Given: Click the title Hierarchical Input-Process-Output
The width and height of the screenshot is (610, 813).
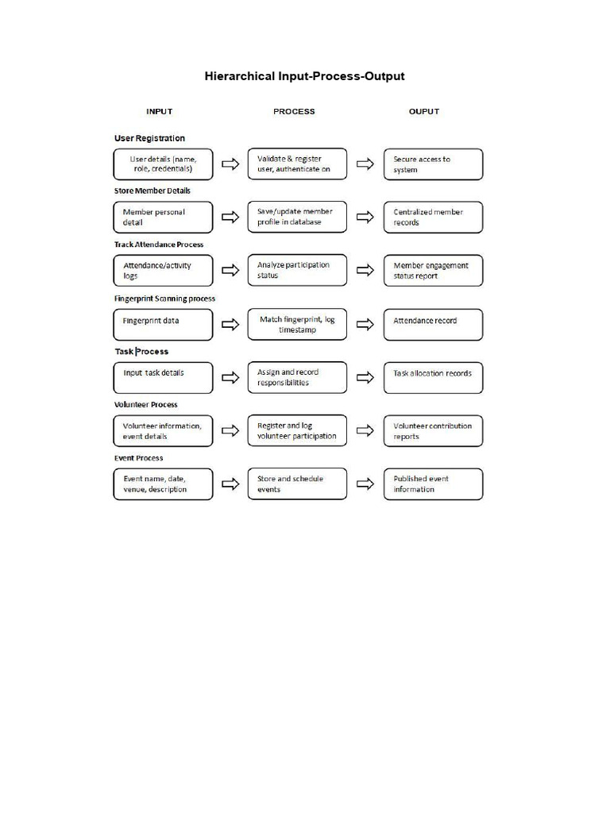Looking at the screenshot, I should click(x=304, y=76).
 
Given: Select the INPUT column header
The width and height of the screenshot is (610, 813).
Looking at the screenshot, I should click(x=159, y=111).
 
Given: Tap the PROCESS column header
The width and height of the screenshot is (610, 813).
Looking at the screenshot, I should click(x=294, y=111).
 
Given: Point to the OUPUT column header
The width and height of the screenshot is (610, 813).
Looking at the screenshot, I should click(x=423, y=111).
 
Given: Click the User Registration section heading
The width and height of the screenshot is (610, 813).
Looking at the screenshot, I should click(x=149, y=138).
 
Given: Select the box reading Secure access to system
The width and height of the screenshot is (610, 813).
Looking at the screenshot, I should click(x=433, y=164).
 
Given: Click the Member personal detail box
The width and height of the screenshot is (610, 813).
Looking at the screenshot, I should click(x=163, y=218).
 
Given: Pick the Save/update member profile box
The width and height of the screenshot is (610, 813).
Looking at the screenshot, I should click(x=297, y=217).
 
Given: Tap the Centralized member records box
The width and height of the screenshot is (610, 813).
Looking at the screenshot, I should click(x=433, y=218).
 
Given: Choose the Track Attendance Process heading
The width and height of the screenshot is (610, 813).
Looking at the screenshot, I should click(x=158, y=245).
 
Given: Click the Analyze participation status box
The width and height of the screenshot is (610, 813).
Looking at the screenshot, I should click(x=297, y=270).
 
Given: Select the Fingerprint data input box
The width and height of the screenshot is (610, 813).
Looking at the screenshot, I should click(x=163, y=325).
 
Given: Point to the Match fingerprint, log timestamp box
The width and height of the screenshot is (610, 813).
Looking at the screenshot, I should click(x=297, y=324).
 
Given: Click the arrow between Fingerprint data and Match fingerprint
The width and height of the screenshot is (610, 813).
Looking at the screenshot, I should click(x=230, y=324).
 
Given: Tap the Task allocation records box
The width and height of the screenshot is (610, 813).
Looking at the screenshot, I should click(x=433, y=377).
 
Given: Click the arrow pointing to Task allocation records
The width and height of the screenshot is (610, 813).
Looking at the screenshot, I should click(x=365, y=377).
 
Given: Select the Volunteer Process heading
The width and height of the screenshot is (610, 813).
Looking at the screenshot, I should click(x=145, y=405).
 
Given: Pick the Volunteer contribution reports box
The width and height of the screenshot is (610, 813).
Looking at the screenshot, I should click(x=433, y=431).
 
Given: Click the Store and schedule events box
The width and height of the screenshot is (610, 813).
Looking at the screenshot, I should click(x=297, y=484).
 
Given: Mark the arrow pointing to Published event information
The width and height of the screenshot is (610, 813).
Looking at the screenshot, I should click(x=365, y=484).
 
